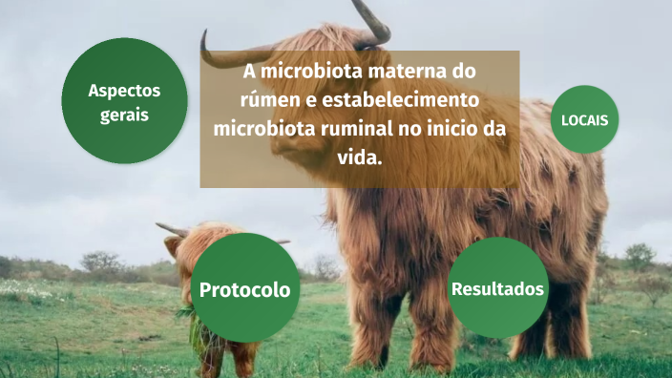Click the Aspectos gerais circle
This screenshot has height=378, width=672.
(124, 102)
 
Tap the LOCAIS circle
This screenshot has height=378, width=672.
(585, 119)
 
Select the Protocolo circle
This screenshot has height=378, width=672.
(244, 288)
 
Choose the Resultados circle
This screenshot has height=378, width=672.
(497, 287)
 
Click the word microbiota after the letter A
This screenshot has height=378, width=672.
(309, 72)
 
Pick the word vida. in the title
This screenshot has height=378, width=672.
(360, 157)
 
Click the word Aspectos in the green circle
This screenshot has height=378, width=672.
(124, 92)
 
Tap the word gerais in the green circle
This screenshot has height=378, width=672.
(124, 115)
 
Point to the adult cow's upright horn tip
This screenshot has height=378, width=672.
(357, 5)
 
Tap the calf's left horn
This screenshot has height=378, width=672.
(171, 229)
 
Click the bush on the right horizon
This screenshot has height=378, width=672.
(639, 256)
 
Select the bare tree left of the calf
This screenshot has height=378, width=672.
(100, 261)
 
